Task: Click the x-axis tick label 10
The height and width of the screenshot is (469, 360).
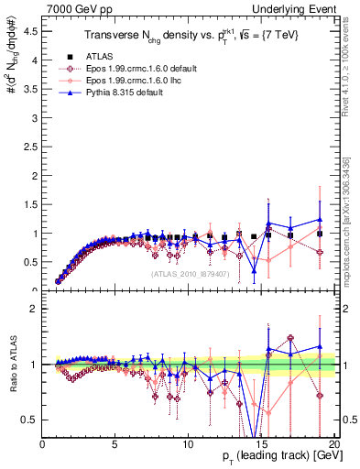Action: [x=188, y=444]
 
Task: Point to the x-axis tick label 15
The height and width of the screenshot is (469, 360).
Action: [x=261, y=444]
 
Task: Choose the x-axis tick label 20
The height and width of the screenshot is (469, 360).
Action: [x=333, y=444]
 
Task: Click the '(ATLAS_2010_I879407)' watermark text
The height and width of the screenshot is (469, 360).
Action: [x=191, y=274]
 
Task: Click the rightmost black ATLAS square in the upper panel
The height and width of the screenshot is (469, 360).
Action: [x=320, y=234]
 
